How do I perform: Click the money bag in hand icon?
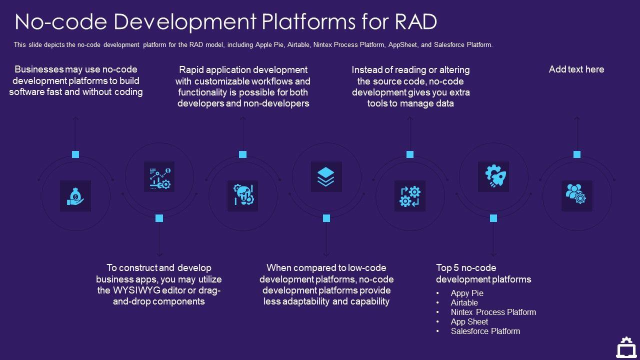[x=75, y=196]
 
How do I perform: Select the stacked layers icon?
[x=326, y=176]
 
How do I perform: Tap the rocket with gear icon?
[x=493, y=176]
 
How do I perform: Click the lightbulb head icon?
[x=243, y=196]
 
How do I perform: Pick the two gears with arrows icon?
[x=410, y=196]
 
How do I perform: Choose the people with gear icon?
[x=576, y=196]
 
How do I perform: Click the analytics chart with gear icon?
[x=159, y=176]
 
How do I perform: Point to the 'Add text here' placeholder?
[x=576, y=69]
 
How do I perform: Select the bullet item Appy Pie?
[x=467, y=293]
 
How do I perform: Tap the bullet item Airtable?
[x=464, y=303]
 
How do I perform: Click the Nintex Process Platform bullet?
[x=493, y=312]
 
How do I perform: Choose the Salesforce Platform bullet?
[x=485, y=331]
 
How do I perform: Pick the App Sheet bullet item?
[x=469, y=322]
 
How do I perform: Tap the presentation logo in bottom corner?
[x=626, y=347]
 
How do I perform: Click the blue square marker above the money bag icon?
[x=75, y=154]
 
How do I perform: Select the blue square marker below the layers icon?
[x=326, y=218]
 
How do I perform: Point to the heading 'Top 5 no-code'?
[x=466, y=268]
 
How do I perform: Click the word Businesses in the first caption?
[x=39, y=69]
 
